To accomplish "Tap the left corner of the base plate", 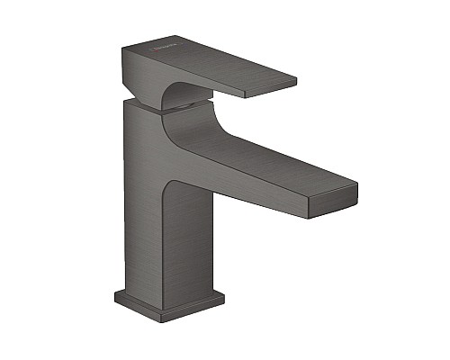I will pyautogui.click(x=116, y=295).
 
